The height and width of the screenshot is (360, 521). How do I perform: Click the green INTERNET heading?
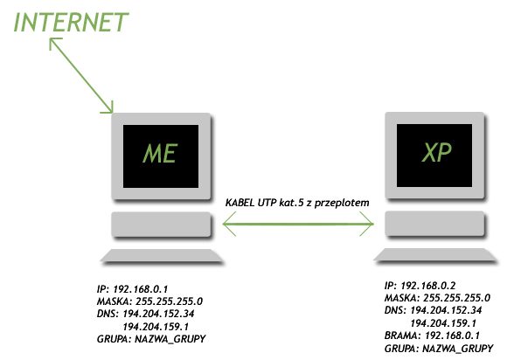point(71,22)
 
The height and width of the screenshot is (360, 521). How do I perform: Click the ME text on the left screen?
point(161,154)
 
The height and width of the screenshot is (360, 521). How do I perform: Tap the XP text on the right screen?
point(436,152)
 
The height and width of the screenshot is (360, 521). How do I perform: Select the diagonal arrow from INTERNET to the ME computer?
point(81,75)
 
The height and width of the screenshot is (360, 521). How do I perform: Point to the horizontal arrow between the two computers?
point(298,224)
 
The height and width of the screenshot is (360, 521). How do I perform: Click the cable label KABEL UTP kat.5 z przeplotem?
point(297,203)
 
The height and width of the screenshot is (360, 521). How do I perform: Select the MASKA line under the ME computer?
point(149,301)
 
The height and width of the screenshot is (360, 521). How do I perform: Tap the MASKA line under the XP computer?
point(437,298)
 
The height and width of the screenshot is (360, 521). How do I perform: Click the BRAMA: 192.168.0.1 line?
point(432,336)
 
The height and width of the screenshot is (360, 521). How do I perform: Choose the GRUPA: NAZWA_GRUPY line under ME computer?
point(151,339)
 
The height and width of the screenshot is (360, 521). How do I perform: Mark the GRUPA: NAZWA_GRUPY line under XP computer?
point(439,349)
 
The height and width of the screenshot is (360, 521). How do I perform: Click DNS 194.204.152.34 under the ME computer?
point(145,314)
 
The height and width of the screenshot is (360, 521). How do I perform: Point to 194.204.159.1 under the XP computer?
point(443,322)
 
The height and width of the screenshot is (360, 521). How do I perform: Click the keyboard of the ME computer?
point(162,256)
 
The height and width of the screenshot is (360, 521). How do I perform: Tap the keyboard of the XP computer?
point(435,256)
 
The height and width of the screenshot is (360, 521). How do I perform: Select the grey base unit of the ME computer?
point(161,225)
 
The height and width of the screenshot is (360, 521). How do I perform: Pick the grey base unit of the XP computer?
point(434,224)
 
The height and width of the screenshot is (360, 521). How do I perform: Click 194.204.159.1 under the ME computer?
point(156,327)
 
